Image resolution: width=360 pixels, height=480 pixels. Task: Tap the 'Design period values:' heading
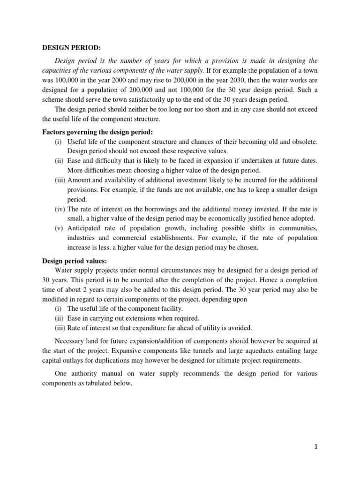75,261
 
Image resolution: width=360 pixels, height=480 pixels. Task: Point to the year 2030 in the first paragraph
226,80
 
